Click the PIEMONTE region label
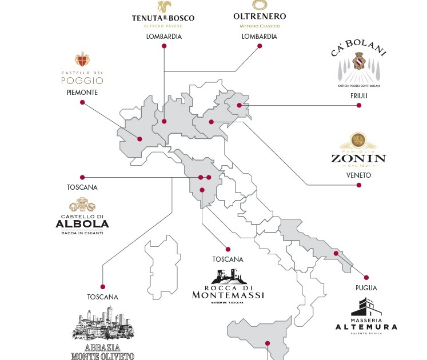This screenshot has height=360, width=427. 82,92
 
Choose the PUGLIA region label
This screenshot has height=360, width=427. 366,288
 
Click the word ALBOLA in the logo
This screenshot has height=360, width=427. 82,223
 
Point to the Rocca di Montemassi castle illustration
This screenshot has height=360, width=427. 228,277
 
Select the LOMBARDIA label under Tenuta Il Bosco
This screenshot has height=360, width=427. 163,37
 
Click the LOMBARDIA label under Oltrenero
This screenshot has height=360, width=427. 259,37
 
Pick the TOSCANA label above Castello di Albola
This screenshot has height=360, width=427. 82,187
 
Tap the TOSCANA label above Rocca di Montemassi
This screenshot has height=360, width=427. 228,259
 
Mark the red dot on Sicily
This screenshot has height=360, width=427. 266,343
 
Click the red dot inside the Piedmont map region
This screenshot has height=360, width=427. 139,138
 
